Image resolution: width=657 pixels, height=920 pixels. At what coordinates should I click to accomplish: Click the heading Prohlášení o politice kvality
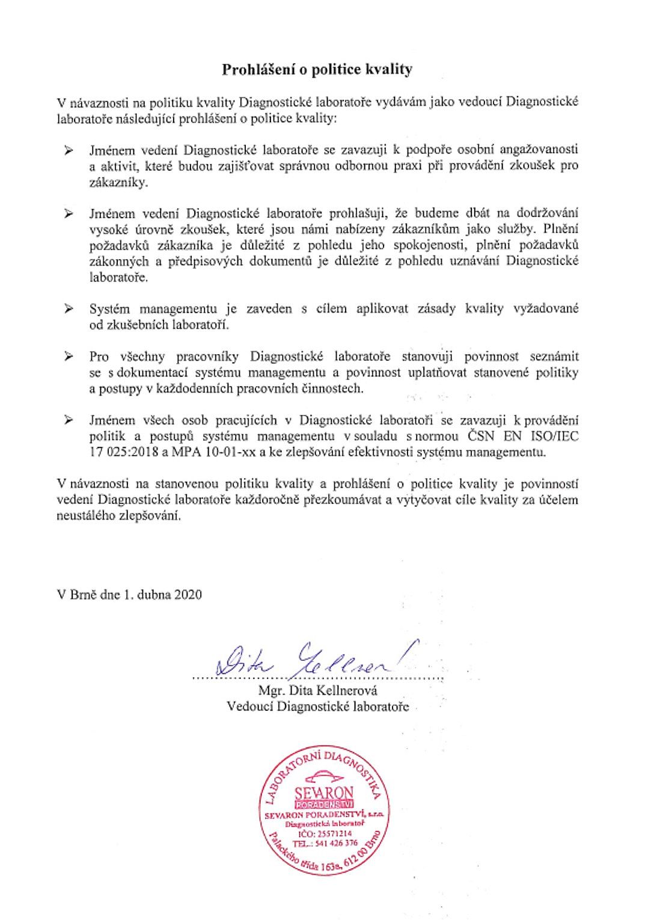point(317,70)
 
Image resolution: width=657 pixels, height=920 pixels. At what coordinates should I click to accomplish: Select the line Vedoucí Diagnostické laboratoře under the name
point(317,706)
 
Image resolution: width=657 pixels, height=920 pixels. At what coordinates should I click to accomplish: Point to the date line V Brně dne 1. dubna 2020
point(129,595)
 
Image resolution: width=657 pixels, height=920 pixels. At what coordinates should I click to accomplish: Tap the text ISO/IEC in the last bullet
point(558,436)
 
